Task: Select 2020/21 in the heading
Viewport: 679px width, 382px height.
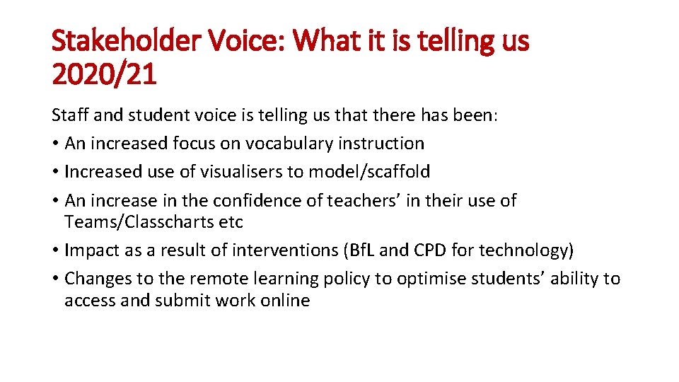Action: (104, 74)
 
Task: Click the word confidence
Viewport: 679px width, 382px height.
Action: (274, 201)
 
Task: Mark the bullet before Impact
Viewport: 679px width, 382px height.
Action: (55, 251)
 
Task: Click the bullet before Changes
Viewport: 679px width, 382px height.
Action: (55, 279)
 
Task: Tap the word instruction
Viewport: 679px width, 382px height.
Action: (381, 144)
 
